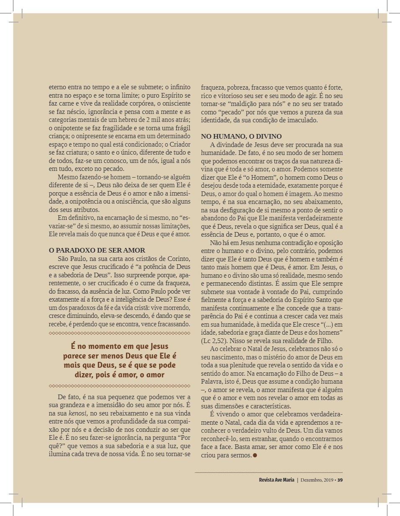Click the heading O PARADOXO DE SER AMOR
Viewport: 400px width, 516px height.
pyautogui.click(x=97, y=250)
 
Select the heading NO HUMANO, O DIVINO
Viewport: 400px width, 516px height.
pyautogui.click(x=241, y=137)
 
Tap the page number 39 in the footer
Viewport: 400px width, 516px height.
pyautogui.click(x=340, y=480)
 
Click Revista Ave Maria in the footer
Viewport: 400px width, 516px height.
pyautogui.click(x=276, y=480)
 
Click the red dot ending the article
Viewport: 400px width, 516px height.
pyautogui.click(x=255, y=455)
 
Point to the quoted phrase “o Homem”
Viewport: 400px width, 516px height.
pyautogui.click(x=259, y=177)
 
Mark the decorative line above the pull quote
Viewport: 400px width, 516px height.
pyautogui.click(x=119, y=333)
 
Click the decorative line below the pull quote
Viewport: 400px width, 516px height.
pyautogui.click(x=119, y=386)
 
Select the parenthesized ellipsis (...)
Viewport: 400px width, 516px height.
pyautogui.click(x=325, y=324)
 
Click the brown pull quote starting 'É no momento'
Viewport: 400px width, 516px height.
pyautogui.click(x=119, y=360)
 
